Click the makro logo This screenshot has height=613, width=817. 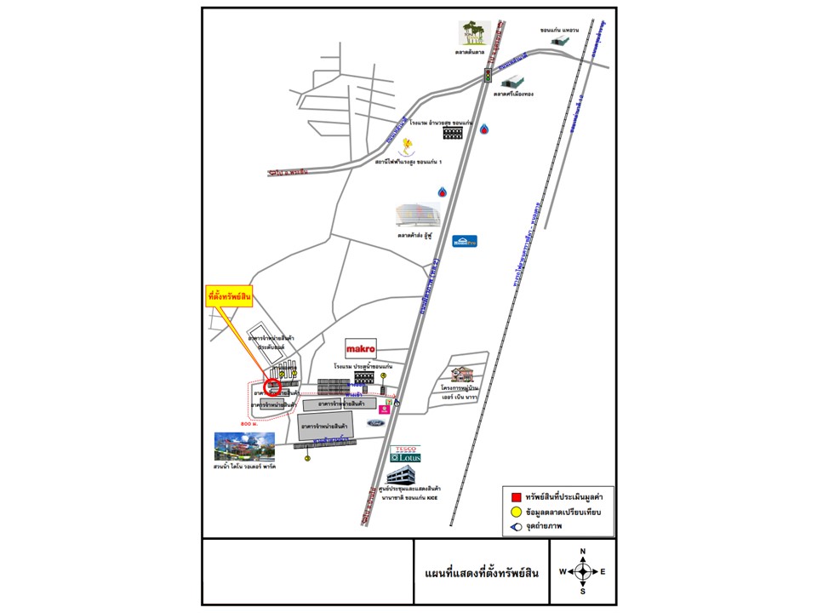coord(361,349)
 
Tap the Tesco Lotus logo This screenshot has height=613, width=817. coord(406,454)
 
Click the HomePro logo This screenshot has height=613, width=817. coord(465,241)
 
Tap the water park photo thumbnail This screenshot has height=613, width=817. coord(245,446)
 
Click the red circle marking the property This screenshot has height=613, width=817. coord(273,387)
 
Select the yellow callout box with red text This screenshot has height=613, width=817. coord(231,297)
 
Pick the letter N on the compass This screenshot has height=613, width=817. coord(583,552)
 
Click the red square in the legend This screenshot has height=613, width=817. coord(516,496)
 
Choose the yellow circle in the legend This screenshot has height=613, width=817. coord(516,512)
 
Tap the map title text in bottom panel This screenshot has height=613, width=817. coord(481,573)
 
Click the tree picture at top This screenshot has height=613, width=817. coord(475,33)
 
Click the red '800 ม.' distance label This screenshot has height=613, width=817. coord(249,423)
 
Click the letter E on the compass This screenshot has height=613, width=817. coord(603,571)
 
